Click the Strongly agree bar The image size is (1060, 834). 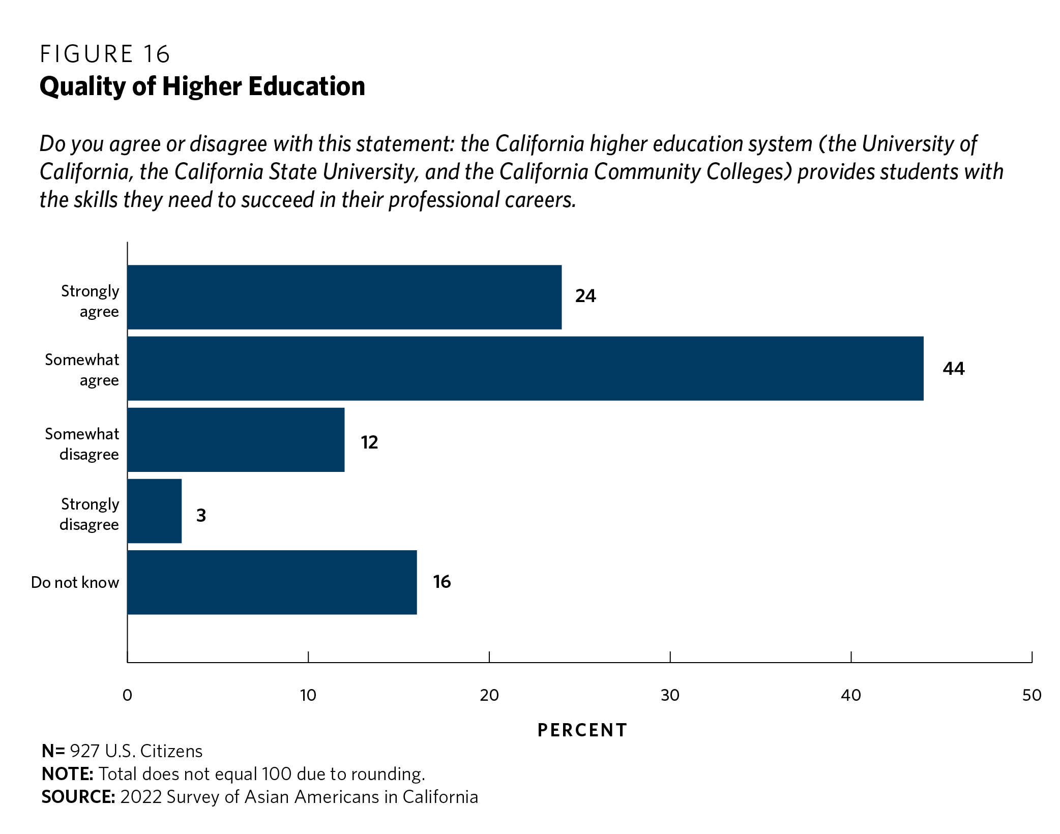pos(344,297)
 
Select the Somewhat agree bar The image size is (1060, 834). pos(525,368)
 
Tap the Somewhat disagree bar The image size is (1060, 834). pos(235,440)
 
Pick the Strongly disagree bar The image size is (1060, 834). pos(154,511)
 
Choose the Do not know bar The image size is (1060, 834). pos(272,582)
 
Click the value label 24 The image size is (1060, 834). pos(585,296)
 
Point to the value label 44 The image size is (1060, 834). pos(953,368)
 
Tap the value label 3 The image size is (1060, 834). pos(201,515)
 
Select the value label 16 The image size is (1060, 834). pos(441,582)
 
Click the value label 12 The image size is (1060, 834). pos(369,442)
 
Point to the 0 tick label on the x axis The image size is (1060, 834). pos(127,695)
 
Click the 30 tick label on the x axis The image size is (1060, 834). pos(670,695)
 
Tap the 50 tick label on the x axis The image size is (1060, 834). pos(1032,695)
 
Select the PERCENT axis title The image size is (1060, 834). pos(582,730)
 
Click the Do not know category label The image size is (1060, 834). pos(75,582)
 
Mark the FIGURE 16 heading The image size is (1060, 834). pos(105,54)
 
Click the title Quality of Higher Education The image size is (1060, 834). pos(202,86)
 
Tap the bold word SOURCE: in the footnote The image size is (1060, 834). pos(78,796)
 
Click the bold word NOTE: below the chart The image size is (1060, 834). pos(67,774)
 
